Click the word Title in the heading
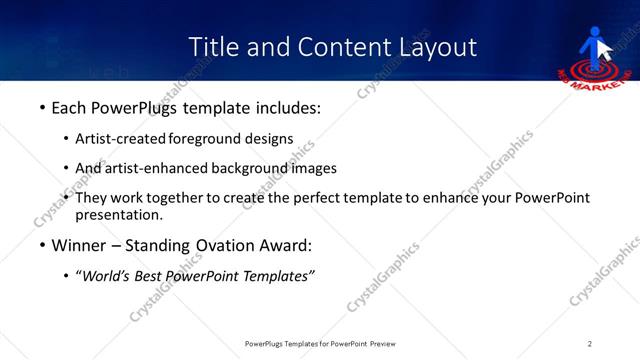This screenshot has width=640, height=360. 214,47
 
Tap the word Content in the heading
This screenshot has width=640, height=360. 330,47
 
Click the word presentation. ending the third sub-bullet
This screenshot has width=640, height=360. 118,214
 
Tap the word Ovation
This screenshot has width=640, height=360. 226,245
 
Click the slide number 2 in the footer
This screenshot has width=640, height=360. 589,343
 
